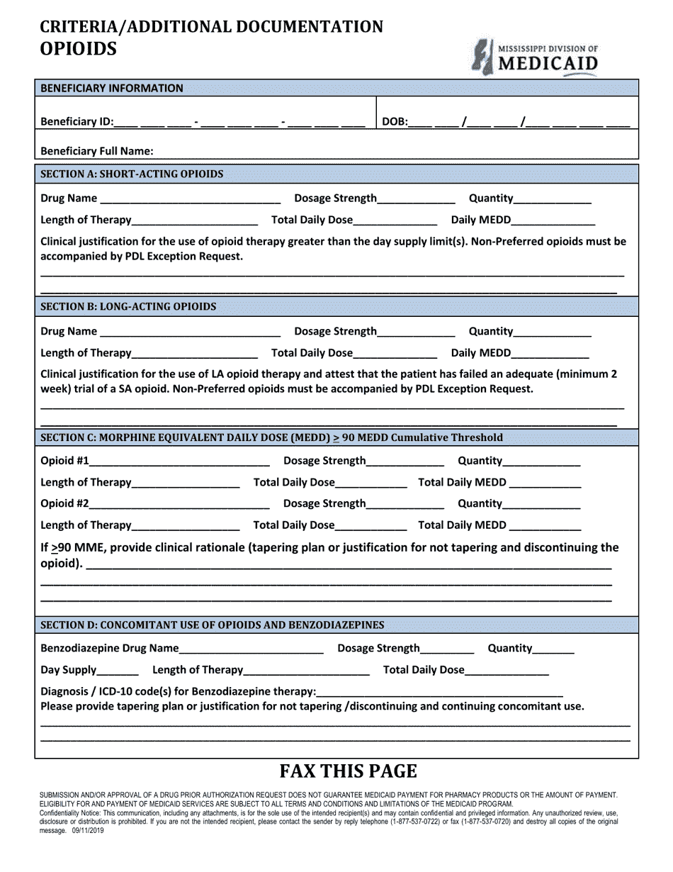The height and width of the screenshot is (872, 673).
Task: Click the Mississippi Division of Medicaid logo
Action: (536, 57)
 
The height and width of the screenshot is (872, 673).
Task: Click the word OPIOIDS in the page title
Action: (79, 48)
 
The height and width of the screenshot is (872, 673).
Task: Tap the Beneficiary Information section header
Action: (112, 88)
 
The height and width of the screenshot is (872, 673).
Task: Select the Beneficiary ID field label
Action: (77, 121)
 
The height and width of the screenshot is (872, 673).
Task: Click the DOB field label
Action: (395, 121)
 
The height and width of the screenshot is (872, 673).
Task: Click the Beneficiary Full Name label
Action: (97, 151)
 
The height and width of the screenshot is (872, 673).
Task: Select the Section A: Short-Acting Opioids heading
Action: (132, 174)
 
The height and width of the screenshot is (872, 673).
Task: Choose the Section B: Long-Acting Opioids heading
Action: (128, 306)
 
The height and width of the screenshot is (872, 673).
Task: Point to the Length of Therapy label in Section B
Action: (86, 352)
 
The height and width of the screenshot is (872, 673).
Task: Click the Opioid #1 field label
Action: (64, 461)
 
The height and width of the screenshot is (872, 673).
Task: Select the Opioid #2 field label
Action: (64, 503)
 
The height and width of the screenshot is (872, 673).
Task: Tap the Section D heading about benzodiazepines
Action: (213, 625)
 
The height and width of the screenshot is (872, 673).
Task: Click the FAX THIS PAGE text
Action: (348, 771)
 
